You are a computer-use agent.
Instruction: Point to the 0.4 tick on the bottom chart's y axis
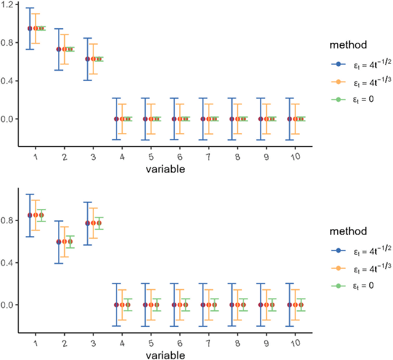coord(9,262)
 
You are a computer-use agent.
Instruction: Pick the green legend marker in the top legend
coord(335,99)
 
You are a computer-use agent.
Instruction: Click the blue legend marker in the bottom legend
coord(335,251)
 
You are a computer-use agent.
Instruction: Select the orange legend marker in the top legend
coord(335,82)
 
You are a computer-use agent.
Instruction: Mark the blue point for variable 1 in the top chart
coord(30,28)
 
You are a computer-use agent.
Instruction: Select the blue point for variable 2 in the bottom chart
coord(59,242)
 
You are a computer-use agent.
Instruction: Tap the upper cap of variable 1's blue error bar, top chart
coord(30,8)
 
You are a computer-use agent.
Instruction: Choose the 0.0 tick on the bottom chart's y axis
coord(9,305)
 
